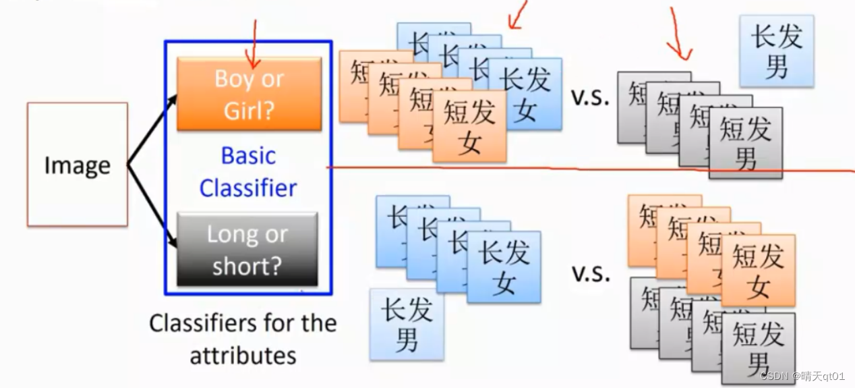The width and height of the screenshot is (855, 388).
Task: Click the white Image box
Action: (77, 165)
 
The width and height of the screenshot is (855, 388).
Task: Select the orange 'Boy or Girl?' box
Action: (249, 93)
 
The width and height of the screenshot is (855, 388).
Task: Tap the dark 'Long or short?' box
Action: (247, 250)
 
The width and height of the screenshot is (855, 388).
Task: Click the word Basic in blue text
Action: (248, 156)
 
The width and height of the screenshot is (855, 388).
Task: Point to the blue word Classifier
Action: (248, 188)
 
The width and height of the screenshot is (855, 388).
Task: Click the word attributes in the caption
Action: (243, 355)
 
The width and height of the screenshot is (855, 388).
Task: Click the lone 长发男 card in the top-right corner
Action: (777, 51)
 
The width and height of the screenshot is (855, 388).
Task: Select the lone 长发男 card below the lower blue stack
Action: (407, 325)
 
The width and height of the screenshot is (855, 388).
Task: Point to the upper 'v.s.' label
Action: (590, 97)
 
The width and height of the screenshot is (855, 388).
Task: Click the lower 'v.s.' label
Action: (590, 273)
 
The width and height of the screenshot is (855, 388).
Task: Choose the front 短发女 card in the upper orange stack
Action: (469, 127)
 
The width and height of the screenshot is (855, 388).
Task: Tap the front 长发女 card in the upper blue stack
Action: (525, 93)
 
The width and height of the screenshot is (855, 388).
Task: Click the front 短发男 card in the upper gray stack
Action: (746, 142)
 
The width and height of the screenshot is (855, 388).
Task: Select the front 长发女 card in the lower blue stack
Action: (504, 267)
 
